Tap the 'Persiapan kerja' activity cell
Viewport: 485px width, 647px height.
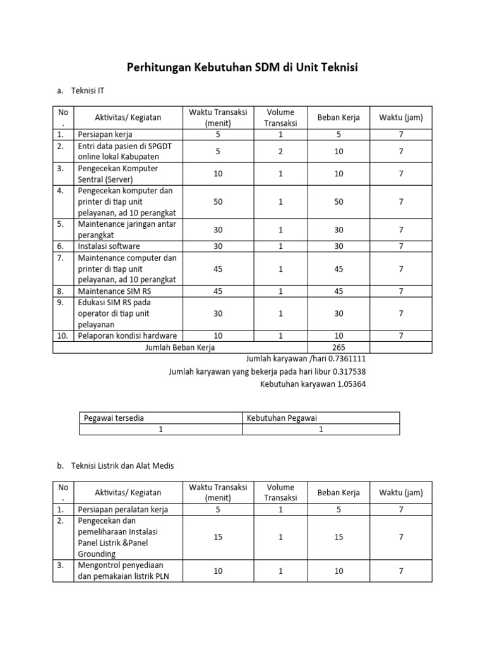tap(105, 135)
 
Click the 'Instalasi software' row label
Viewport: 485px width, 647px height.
tap(109, 246)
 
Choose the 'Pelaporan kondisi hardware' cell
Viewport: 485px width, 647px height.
tap(126, 336)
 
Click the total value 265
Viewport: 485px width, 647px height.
tap(338, 347)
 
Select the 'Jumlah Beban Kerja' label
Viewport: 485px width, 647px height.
tap(180, 347)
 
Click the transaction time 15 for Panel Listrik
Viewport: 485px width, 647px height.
tap(218, 537)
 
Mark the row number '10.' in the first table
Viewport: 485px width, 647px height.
tap(63, 336)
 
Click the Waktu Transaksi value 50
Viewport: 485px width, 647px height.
tap(218, 201)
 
